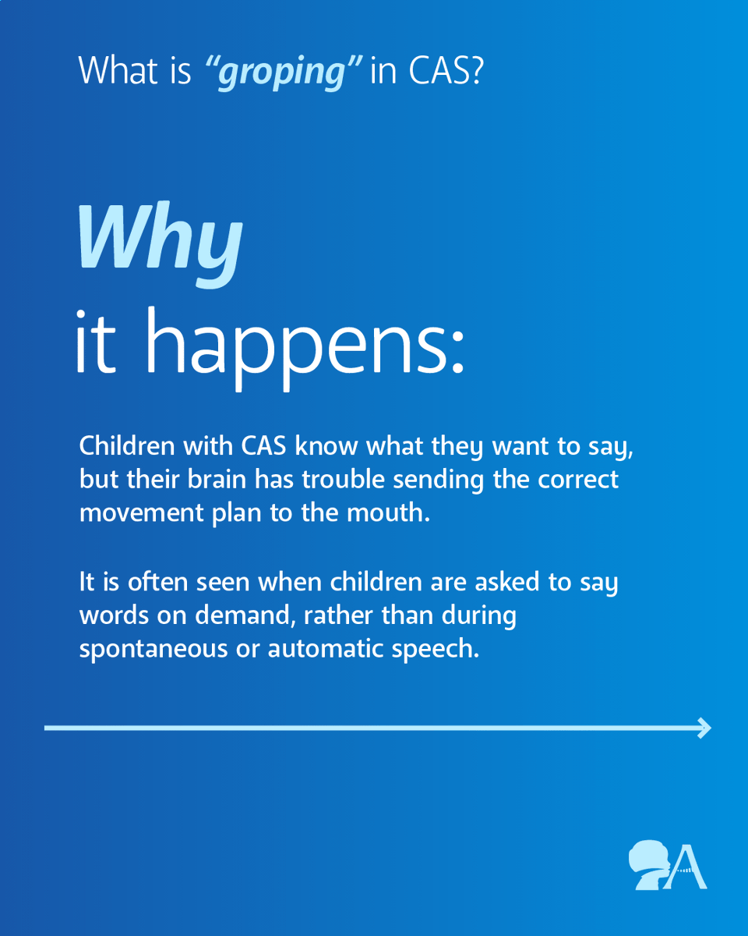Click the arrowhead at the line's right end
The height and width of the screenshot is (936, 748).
pos(705,728)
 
